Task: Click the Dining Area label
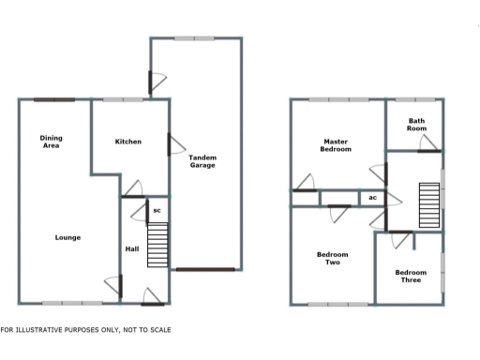[x=52, y=142]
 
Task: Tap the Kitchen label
[x=127, y=142]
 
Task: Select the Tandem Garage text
[x=202, y=161]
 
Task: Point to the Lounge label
[x=67, y=237]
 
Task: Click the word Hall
[x=132, y=248]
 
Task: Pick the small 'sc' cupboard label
[x=157, y=211]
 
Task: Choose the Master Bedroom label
[x=336, y=145]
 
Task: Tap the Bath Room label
[x=416, y=125]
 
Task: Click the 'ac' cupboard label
[x=372, y=198]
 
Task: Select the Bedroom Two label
[x=332, y=258]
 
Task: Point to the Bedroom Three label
[x=411, y=277]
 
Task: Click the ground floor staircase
[x=157, y=246]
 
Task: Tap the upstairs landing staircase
[x=428, y=200]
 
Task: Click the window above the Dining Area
[x=54, y=100]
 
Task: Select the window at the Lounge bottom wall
[x=72, y=303]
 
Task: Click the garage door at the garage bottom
[x=203, y=270]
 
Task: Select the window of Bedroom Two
[x=338, y=304]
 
